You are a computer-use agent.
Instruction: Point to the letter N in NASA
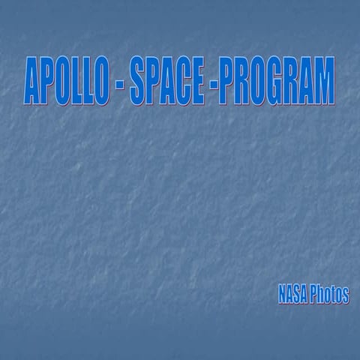281,295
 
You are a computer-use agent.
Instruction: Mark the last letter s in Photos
346,295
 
